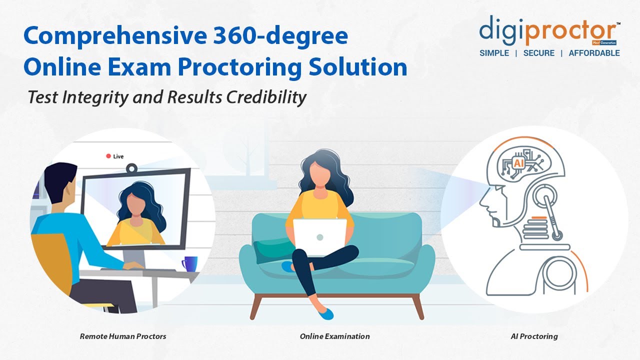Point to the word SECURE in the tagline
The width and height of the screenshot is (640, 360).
click(538, 53)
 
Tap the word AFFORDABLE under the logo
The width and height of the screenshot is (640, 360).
click(594, 53)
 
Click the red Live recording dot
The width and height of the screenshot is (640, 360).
click(108, 156)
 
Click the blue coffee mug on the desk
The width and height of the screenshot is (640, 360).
click(189, 263)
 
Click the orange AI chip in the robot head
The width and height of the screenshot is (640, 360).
click(518, 162)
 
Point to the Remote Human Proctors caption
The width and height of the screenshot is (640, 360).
click(123, 336)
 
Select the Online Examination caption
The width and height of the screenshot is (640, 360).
click(334, 336)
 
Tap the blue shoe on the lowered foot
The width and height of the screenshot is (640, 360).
click(325, 314)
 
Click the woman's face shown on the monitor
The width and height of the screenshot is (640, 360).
click(135, 205)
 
